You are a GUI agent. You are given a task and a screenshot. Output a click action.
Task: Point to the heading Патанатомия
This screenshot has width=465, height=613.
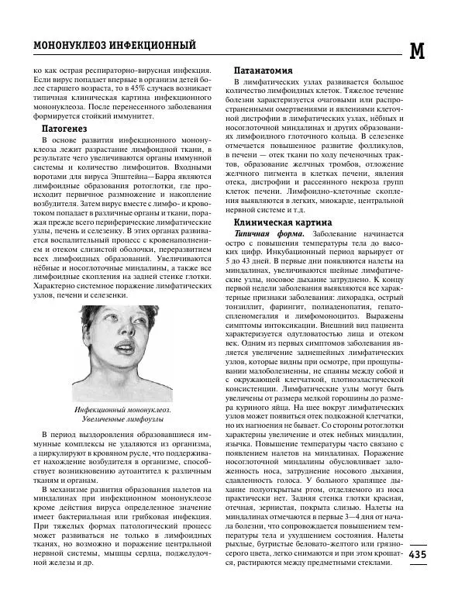(x=268, y=70)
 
